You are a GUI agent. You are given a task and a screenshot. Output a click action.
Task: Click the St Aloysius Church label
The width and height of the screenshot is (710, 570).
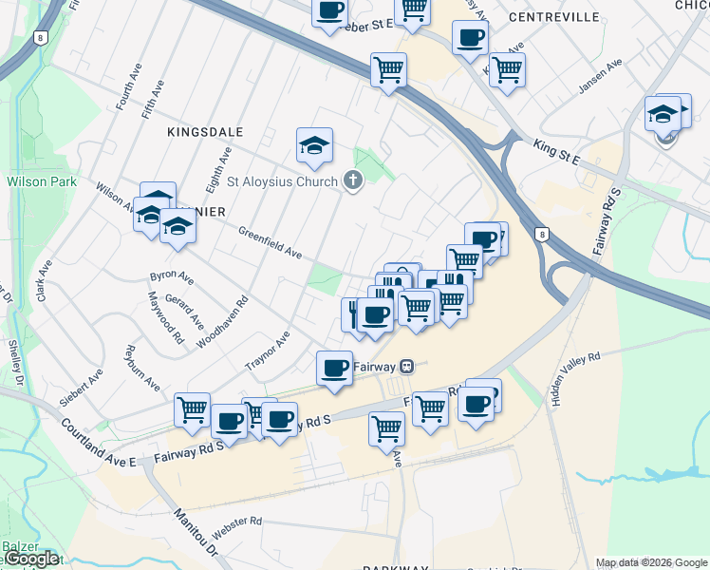click(x=281, y=181)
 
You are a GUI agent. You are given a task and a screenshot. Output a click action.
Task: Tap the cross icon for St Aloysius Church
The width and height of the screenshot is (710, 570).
click(x=353, y=180)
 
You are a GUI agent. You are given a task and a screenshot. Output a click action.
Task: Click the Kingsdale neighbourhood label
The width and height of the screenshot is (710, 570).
click(x=206, y=132)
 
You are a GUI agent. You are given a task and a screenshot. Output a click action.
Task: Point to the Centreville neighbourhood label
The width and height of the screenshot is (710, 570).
click(x=554, y=17)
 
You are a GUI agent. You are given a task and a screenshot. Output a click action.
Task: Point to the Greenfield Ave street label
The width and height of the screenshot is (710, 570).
click(x=270, y=242)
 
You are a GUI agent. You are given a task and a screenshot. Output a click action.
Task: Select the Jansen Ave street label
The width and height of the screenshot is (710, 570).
click(x=601, y=77)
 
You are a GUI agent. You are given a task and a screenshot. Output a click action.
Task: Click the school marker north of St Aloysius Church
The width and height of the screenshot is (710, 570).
click(x=314, y=144)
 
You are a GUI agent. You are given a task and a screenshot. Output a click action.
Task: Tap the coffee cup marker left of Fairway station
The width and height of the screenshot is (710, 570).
click(x=334, y=367)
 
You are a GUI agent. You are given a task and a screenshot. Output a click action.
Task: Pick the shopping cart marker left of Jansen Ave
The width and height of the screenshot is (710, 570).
click(x=507, y=68)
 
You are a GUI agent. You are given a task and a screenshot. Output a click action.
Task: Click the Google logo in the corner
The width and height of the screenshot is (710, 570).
click(x=30, y=559)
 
